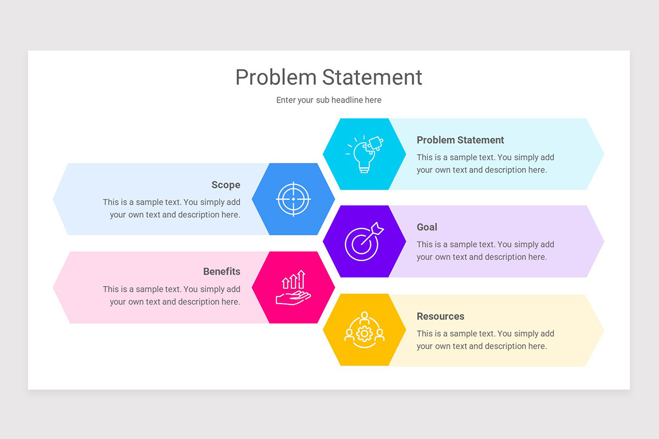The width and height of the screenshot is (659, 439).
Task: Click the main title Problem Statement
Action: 328,77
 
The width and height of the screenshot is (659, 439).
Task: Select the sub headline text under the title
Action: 328,100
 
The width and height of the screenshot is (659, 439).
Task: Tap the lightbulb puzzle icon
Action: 364,154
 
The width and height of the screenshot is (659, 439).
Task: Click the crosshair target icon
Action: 293,199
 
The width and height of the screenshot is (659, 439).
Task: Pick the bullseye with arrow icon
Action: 364,241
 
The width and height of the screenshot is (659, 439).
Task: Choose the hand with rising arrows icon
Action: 293,287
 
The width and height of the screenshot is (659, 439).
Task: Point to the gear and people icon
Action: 364,329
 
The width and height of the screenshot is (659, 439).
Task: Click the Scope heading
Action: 226,185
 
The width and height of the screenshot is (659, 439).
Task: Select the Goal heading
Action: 427,227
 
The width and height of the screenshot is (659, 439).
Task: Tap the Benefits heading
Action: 221,272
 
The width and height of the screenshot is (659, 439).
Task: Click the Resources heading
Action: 440,316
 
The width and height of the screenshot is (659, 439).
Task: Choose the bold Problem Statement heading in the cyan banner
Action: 460,140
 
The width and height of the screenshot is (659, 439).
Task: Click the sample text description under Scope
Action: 171,209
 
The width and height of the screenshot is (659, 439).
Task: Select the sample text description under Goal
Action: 485,251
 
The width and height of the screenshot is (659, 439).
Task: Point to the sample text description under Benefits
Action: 171,296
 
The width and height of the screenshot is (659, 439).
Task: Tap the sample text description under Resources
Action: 485,340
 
